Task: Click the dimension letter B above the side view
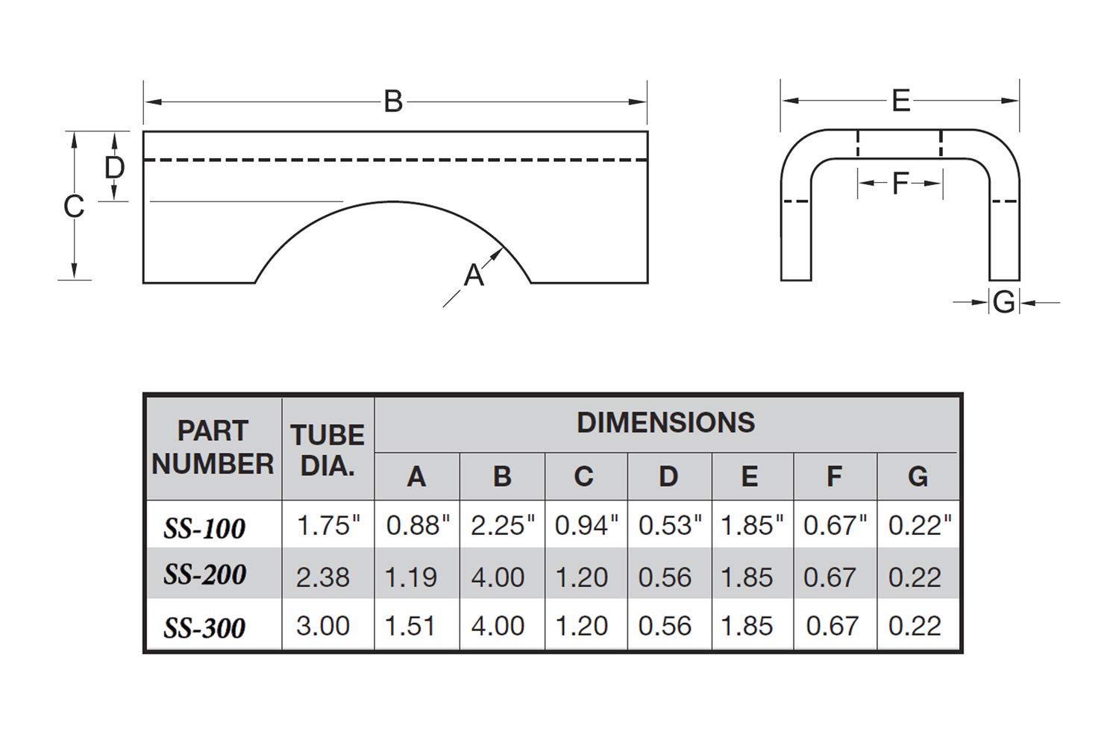coord(393,101)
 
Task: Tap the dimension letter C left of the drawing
coord(73,207)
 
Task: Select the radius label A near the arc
coord(474,275)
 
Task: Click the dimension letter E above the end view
coord(900,101)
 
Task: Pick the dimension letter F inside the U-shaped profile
coord(900,184)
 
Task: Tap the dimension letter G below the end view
coord(1004,302)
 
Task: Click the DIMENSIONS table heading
coord(665,423)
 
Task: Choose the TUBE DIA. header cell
coord(327,450)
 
